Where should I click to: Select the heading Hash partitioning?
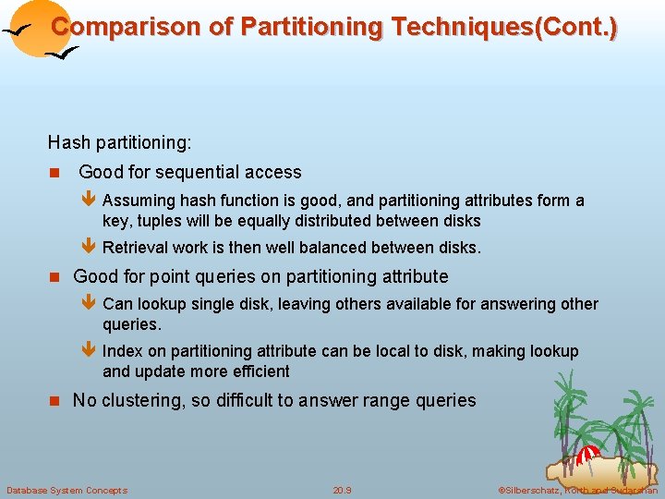120,143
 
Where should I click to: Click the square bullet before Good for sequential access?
54,173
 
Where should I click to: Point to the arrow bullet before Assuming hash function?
89,201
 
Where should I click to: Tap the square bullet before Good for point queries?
54,277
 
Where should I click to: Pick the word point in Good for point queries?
171,276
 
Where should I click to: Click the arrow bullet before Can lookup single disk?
89,304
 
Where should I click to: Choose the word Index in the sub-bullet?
122,351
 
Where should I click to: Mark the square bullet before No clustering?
54,401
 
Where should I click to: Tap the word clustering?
141,400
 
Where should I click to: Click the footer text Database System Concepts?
67,490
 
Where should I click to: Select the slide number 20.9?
343,490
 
